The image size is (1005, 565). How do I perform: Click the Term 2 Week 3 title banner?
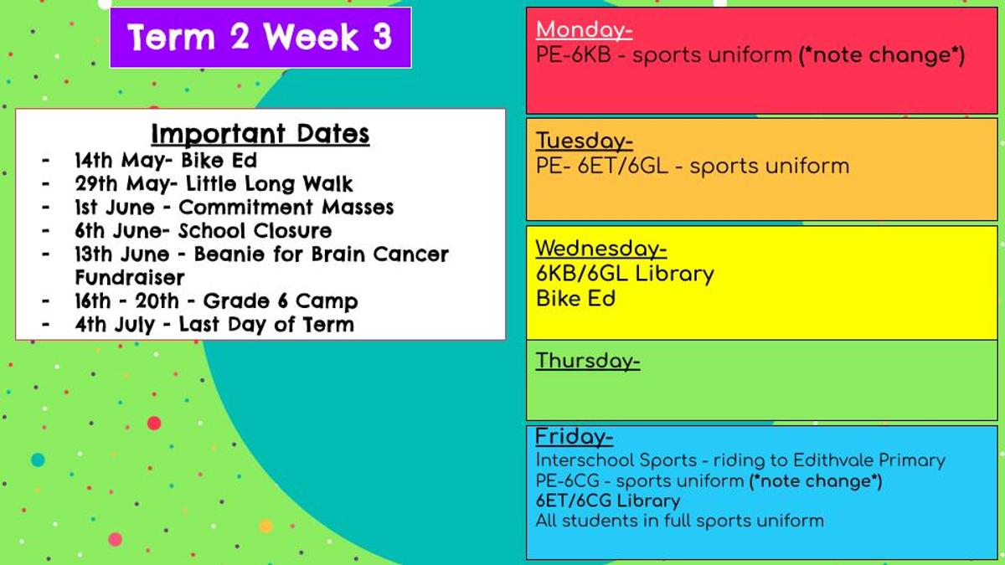[260, 38]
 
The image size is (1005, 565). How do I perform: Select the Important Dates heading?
[260, 134]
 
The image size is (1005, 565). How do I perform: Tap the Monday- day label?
[585, 30]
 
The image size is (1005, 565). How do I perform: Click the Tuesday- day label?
[585, 141]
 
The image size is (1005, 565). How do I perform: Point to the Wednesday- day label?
[601, 248]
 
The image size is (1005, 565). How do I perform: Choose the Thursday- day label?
[588, 361]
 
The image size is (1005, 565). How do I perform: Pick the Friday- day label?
[575, 436]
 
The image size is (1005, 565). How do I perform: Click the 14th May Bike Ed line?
[166, 161]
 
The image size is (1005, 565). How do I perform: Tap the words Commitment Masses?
[286, 208]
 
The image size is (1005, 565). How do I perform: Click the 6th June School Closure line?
[204, 231]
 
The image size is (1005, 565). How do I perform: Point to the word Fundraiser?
[130, 278]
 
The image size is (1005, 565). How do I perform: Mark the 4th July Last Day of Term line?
[214, 325]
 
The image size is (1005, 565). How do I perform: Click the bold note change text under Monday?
[882, 55]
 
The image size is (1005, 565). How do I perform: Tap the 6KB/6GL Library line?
[625, 274]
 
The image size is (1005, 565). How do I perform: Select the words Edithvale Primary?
[869, 460]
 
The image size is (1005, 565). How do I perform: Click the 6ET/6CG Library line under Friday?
[608, 501]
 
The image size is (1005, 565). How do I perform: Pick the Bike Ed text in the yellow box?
[575, 299]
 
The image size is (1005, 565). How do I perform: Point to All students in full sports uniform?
[680, 521]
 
